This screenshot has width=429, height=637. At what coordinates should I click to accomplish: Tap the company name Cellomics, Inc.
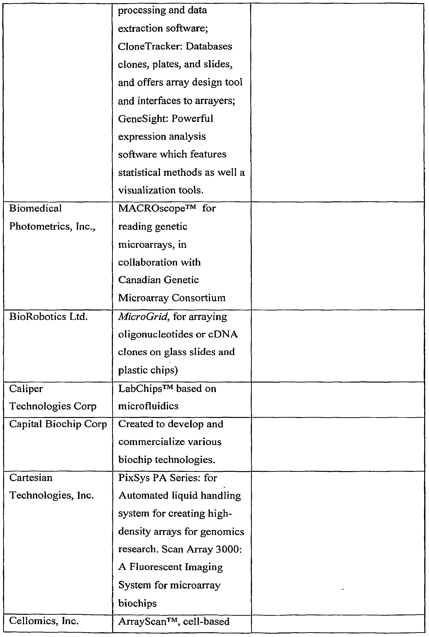click(x=44, y=621)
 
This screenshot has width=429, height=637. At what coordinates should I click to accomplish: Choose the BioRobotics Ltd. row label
click(x=48, y=317)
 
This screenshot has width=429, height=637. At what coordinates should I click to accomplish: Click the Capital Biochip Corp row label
click(x=58, y=424)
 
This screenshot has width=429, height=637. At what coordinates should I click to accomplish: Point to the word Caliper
click(x=26, y=389)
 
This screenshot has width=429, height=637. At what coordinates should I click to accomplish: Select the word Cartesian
click(x=31, y=478)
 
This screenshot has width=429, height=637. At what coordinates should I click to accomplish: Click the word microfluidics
click(x=148, y=406)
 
